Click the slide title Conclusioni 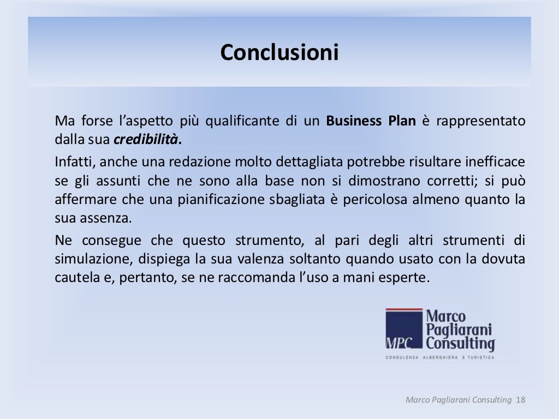pyautogui.click(x=279, y=53)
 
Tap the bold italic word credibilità pyautogui.click(x=146, y=139)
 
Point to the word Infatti pyautogui.click(x=72, y=162)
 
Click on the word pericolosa pyautogui.click(x=376, y=200)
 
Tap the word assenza pyautogui.click(x=112, y=219)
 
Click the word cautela pyautogui.click(x=74, y=278)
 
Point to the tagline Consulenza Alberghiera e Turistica pyautogui.click(x=440, y=357)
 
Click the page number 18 pyautogui.click(x=520, y=400)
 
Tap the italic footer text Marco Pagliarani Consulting pyautogui.click(x=459, y=400)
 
